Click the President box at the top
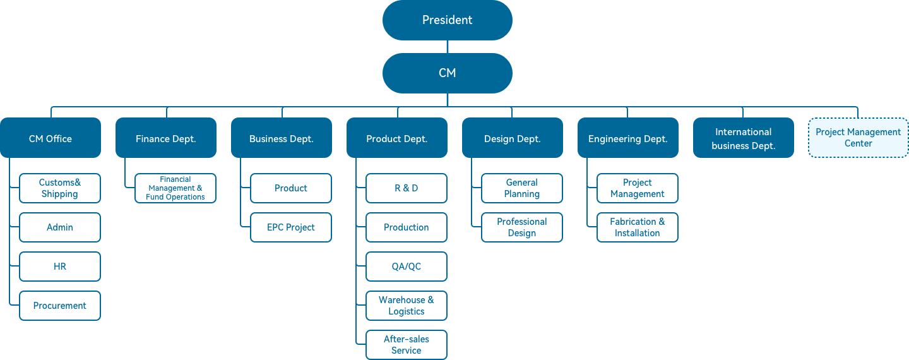447,20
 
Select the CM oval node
447,73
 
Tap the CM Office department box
50,138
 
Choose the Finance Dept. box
166,138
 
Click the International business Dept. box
744,138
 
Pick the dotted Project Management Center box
858,138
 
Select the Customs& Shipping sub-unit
59,188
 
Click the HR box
59,267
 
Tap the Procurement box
59,306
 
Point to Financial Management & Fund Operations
175,188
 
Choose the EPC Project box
291,227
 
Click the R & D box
407,188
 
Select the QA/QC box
407,267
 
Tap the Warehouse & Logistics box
407,306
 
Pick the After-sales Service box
407,345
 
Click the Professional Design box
522,227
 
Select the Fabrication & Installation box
638,227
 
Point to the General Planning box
522,188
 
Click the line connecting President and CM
447,47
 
